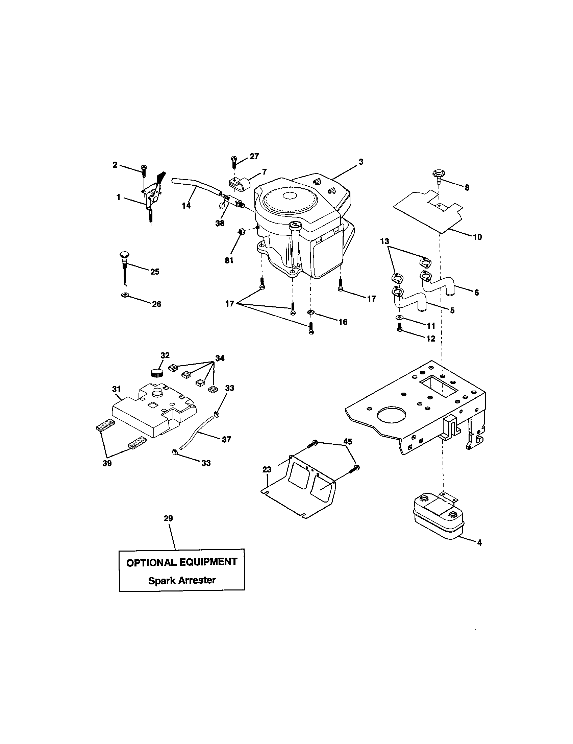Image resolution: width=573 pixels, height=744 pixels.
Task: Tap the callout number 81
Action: [229, 260]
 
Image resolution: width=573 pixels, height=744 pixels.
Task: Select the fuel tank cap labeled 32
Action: [157, 372]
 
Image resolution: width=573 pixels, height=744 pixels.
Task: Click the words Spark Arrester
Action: [182, 580]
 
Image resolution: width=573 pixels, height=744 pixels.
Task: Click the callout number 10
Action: [477, 237]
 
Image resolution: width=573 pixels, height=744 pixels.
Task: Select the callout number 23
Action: [267, 470]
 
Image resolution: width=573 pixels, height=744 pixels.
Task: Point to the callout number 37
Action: [226, 439]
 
